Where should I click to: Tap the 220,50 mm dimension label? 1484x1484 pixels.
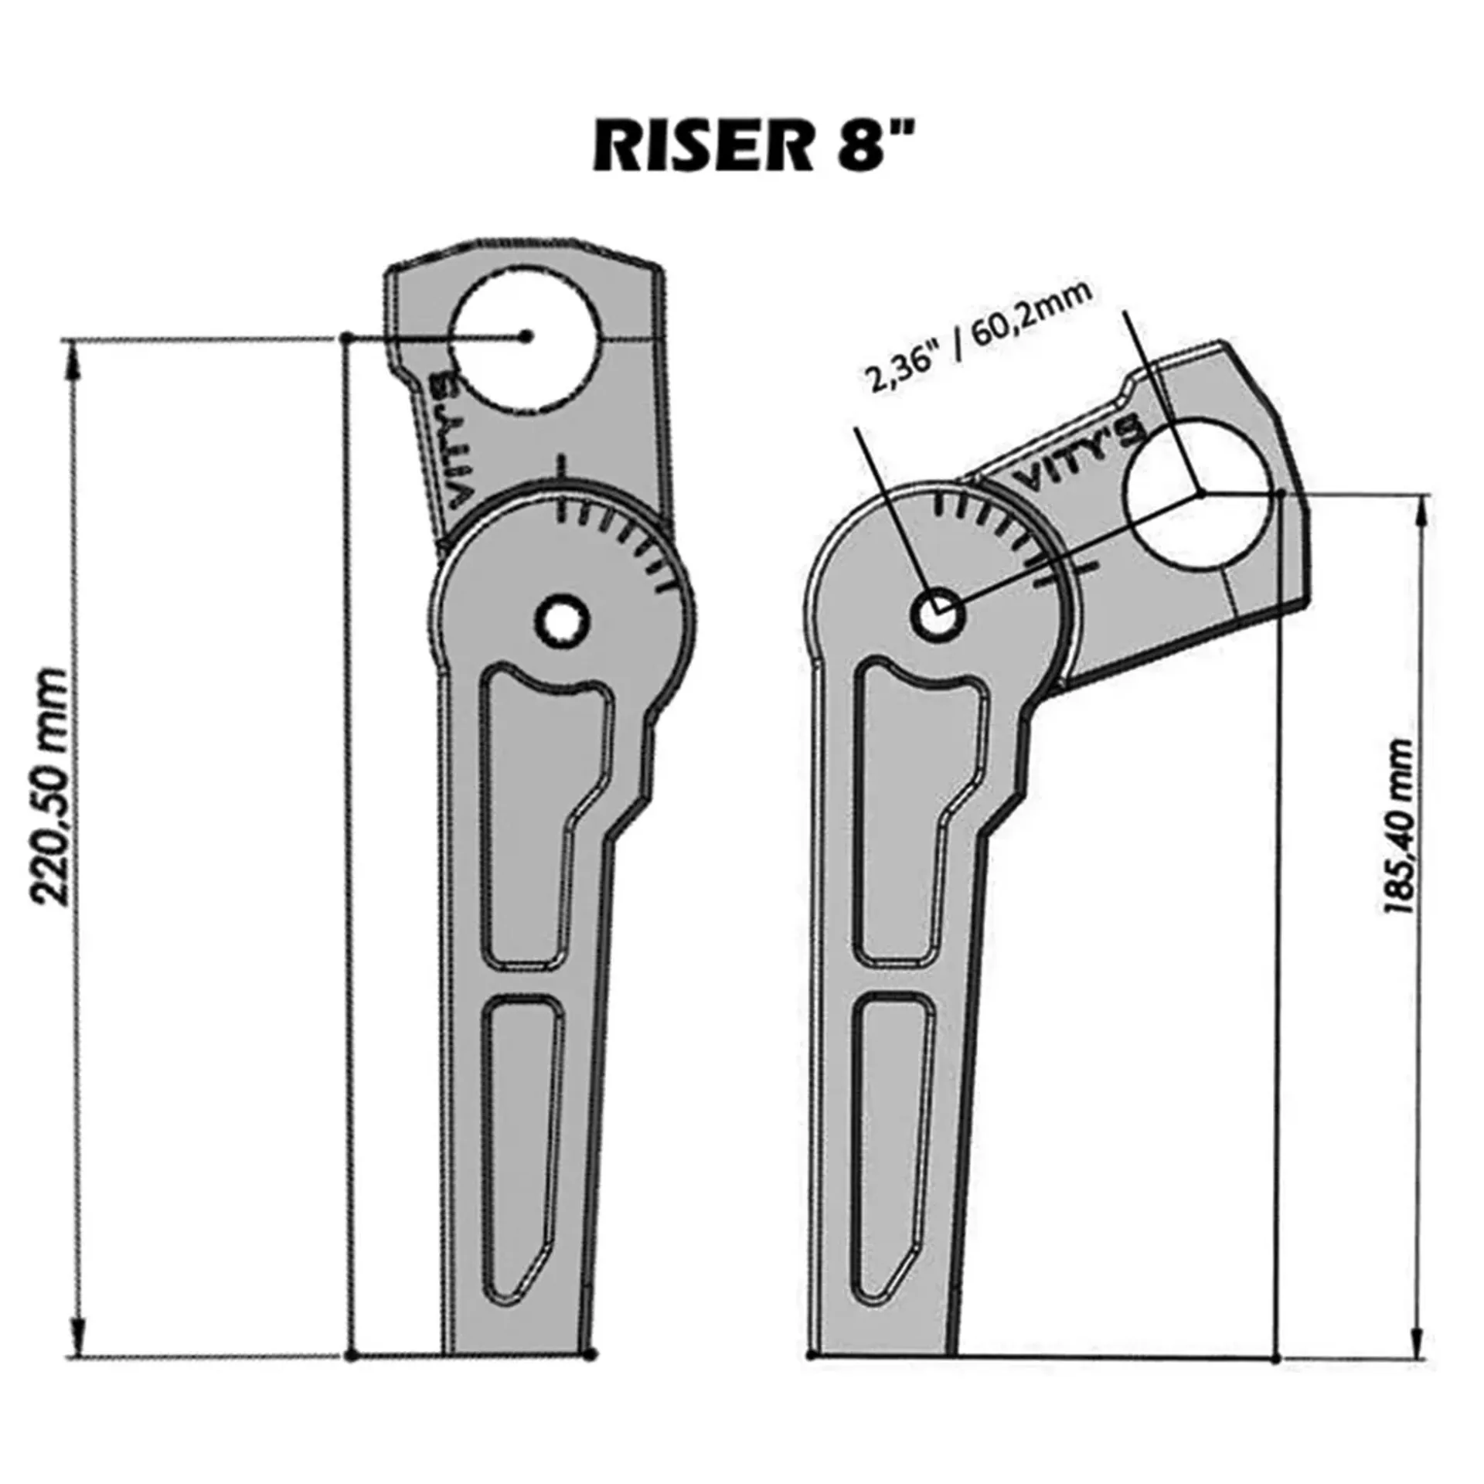(50, 786)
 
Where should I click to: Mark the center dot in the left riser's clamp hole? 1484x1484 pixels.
(526, 335)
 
